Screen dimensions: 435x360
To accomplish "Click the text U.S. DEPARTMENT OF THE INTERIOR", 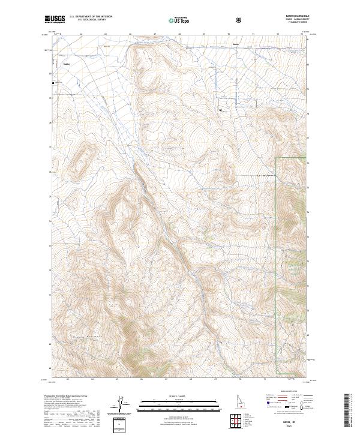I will (x=91, y=17).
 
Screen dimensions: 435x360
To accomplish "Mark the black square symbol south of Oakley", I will (x=53, y=83).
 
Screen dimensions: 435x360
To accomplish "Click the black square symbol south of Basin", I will (x=221, y=110).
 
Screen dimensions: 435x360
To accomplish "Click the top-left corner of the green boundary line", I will (x=276, y=158).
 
